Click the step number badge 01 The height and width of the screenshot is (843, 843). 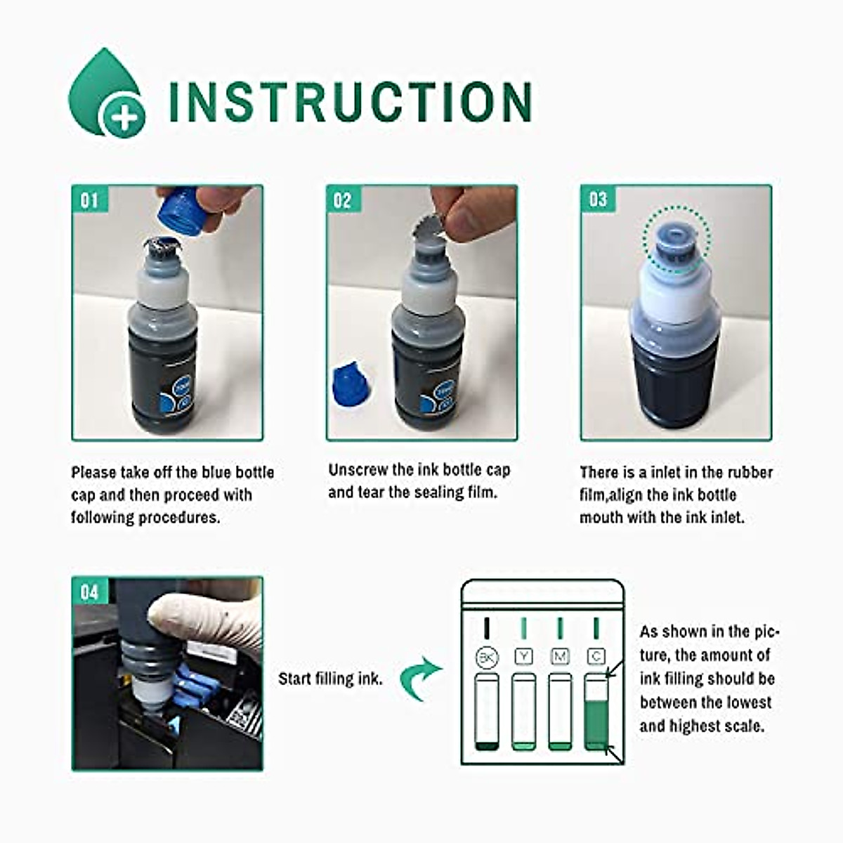tap(89, 201)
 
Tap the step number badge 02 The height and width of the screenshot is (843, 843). tap(342, 201)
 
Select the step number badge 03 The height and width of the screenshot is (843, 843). tap(597, 200)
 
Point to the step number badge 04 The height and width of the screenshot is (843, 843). tap(89, 592)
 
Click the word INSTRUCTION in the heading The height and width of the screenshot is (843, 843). tap(351, 103)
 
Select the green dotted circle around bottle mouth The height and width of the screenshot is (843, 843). tap(676, 240)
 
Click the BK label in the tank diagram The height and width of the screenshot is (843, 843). tap(486, 658)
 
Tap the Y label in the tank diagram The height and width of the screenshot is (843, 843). tap(523, 656)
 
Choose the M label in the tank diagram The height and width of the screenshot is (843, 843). tap(560, 656)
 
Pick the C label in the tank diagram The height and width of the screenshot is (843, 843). tap(596, 656)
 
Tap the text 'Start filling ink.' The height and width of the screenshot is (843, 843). tap(330, 679)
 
